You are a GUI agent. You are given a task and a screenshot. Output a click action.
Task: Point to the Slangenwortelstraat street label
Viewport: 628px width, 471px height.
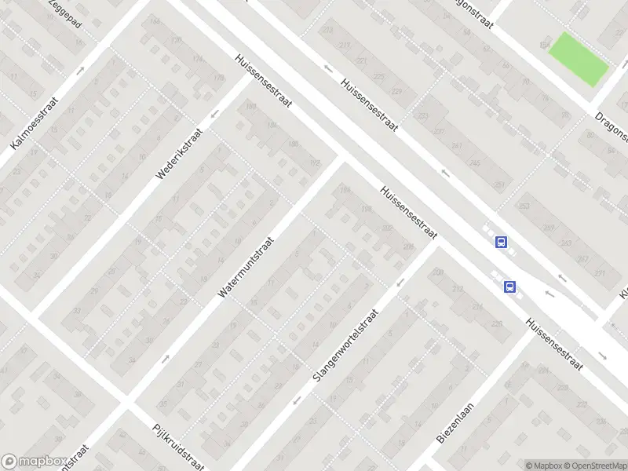pyautogui.click(x=345, y=345)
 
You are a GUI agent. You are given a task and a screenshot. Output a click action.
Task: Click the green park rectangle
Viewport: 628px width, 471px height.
pyautogui.click(x=579, y=60)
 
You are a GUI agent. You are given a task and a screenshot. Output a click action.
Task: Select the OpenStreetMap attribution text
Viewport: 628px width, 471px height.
pyautogui.click(x=593, y=466)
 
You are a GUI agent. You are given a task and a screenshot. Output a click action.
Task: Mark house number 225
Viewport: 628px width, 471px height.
pyautogui.click(x=380, y=76)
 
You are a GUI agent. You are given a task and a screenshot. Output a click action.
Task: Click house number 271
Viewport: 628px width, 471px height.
pyautogui.click(x=600, y=272)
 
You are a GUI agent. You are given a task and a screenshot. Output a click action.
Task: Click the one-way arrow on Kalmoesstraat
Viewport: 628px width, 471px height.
pyautogui.click(x=80, y=70)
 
